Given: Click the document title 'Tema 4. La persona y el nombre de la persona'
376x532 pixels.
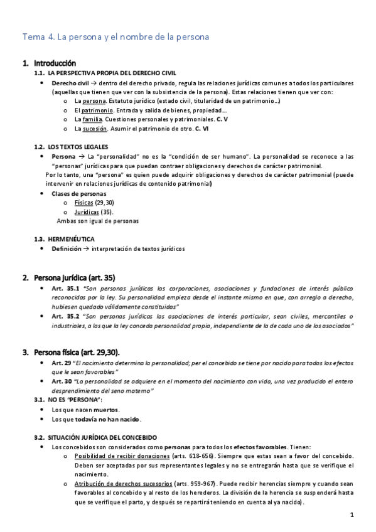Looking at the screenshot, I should (115, 37).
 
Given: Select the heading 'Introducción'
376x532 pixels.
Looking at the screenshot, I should (55, 63).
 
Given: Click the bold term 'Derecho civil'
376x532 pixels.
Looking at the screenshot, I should (70, 83).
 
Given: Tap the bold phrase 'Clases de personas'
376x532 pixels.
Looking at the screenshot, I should (79, 193).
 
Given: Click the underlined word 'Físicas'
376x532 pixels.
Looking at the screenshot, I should (83, 203).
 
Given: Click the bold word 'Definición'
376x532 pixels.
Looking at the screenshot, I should (67, 248).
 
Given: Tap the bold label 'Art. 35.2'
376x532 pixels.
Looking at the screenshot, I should (66, 316).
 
